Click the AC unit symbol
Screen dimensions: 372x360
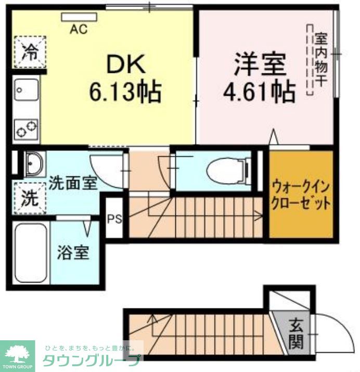[79, 17]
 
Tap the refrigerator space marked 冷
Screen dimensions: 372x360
[30, 52]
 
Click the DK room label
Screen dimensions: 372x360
[125, 65]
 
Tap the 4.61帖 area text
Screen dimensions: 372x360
[259, 92]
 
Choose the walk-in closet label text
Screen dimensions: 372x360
[301, 194]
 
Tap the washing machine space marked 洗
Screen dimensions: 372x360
[30, 198]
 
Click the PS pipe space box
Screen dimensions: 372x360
[114, 218]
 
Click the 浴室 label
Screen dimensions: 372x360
[73, 253]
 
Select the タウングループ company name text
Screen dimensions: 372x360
[91, 361]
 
